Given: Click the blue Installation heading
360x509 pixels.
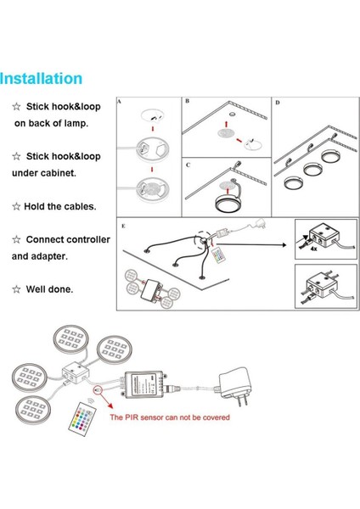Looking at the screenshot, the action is click(41, 79).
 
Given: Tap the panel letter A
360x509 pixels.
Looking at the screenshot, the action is click(119, 102).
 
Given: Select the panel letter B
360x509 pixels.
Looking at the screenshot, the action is click(187, 101).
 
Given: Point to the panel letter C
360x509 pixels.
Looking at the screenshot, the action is click(188, 165).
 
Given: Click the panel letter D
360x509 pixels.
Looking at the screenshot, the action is click(278, 103).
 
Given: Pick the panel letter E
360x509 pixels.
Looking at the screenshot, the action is click(123, 226).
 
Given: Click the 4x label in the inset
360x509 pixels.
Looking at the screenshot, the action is click(313, 249).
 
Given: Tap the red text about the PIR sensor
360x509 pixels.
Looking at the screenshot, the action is click(170, 417).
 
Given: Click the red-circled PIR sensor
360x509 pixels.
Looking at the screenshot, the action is click(98, 390).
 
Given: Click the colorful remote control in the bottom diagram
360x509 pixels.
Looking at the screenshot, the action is click(82, 419).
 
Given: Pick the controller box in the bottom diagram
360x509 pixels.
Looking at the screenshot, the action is click(145, 383).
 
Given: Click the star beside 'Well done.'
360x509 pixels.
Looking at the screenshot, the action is click(16, 289).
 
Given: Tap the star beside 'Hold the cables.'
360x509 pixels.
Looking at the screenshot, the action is click(16, 206).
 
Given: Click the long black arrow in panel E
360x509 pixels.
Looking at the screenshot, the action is click(251, 245).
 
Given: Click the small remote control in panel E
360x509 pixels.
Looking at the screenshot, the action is click(217, 255).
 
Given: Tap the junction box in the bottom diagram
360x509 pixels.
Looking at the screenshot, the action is click(76, 372).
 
